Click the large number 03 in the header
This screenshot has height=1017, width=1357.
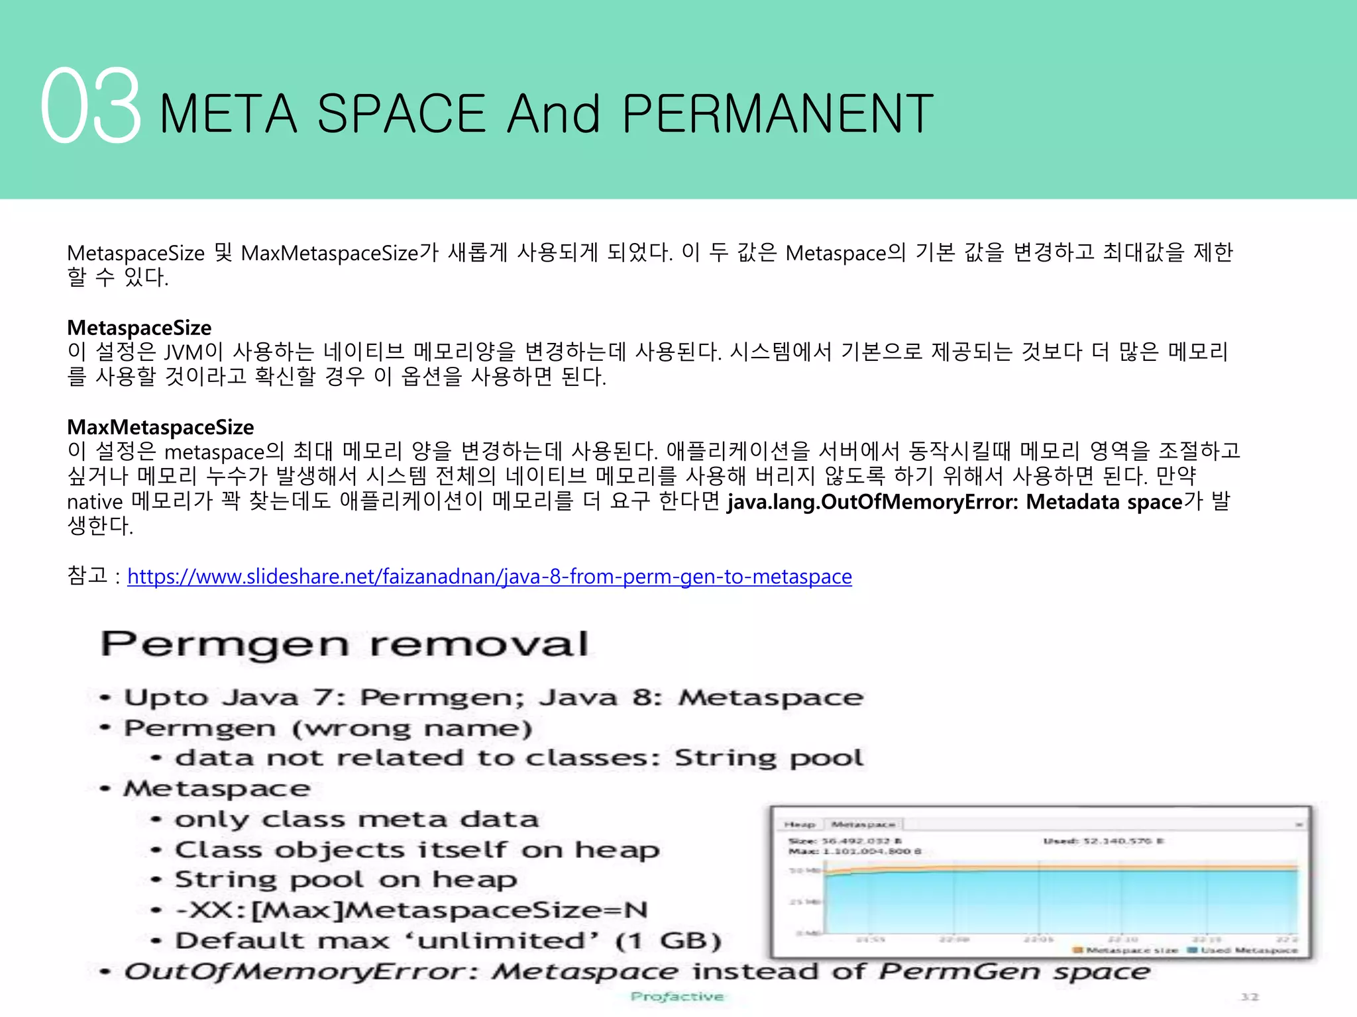click(x=91, y=106)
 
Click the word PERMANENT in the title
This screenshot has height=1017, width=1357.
click(x=778, y=114)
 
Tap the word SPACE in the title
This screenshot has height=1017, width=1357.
click(x=401, y=114)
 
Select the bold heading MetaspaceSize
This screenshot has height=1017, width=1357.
click(x=139, y=327)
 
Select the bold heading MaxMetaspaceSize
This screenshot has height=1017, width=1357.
click(x=160, y=427)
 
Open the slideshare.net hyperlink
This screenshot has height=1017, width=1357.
click(x=489, y=576)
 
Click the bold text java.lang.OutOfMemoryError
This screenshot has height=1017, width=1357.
click(x=873, y=502)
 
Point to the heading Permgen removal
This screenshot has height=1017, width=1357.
click(x=345, y=644)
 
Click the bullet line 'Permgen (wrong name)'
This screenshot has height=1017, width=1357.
click(x=328, y=728)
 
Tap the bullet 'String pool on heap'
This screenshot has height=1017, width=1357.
click(x=345, y=879)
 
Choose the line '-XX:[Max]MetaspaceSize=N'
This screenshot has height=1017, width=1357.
click(x=411, y=910)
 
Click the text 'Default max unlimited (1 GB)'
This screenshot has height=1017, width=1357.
click(x=448, y=940)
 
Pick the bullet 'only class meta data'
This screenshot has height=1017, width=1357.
click(x=356, y=819)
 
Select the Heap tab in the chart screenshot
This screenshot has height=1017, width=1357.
click(x=799, y=824)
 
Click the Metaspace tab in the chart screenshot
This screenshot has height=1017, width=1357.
click(x=863, y=824)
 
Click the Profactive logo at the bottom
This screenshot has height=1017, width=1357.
click(x=677, y=996)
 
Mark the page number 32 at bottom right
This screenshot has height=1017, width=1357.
click(x=1250, y=996)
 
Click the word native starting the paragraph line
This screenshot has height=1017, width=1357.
click(x=95, y=502)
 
